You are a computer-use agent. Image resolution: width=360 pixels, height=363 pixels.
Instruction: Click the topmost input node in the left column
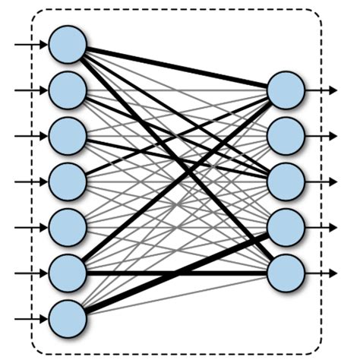click(68, 45)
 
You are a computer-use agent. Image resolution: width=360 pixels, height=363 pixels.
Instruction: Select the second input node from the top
click(68, 90)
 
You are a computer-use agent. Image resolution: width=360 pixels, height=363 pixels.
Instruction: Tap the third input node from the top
click(68, 136)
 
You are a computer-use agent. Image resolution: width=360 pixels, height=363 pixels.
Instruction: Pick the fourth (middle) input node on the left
click(68, 181)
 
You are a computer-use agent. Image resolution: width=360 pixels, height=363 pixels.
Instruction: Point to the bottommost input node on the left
click(68, 318)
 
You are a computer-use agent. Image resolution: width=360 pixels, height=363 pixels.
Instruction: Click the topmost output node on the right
click(286, 90)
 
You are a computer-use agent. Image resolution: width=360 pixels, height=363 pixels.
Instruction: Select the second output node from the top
click(286, 136)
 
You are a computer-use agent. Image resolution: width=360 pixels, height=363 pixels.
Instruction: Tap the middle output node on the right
click(286, 181)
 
